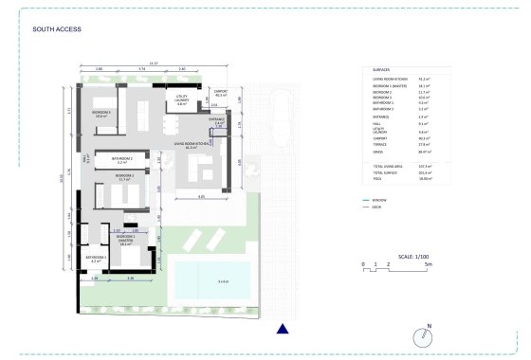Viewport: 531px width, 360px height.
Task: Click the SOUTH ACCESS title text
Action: tap(57, 29)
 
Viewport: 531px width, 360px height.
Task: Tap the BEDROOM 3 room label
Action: tap(102, 113)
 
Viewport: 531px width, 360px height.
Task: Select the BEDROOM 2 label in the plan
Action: tap(125, 176)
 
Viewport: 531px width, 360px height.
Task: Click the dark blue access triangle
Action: tap(282, 329)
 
